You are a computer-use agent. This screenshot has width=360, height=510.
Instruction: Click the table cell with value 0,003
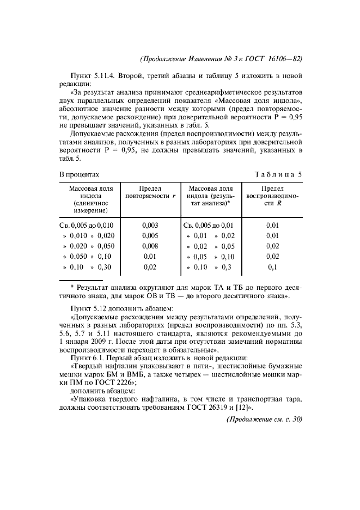click(150, 225)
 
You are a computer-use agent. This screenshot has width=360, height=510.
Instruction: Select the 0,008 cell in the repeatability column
click(150, 246)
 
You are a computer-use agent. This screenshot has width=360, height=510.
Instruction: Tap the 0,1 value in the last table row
click(273, 268)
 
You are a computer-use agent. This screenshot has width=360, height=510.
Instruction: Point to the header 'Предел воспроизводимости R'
click(273, 195)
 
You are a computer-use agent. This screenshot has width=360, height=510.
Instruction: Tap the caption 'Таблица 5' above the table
click(278, 174)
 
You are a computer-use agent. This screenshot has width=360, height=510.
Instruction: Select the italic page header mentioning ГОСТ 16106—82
click(221, 58)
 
